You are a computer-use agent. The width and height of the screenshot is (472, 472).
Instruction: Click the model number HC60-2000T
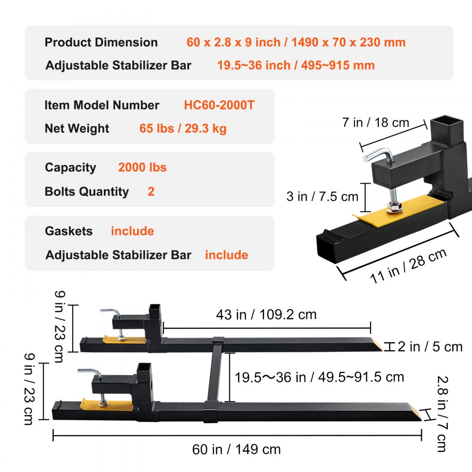[x=219, y=105]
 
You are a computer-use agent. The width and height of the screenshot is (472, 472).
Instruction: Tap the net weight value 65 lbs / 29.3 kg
[x=183, y=128]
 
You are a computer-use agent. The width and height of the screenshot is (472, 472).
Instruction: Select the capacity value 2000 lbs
[x=142, y=168]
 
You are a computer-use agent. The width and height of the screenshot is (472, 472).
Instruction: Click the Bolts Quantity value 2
[x=151, y=192]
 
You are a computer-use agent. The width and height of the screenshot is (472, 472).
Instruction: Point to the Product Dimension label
[x=101, y=42]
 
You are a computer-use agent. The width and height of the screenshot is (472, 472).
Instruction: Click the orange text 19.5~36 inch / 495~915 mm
[x=295, y=65]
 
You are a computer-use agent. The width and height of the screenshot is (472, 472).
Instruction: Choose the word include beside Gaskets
[x=132, y=231]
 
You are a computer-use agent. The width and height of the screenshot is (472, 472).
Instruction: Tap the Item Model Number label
[x=102, y=105]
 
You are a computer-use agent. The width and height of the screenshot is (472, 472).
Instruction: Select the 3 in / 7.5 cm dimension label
[x=322, y=196]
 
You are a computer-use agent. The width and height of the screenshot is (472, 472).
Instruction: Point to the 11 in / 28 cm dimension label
[x=408, y=266]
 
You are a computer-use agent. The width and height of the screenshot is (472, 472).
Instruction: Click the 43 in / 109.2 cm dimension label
[x=266, y=314]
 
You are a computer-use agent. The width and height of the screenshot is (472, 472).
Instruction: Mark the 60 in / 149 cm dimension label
[x=236, y=449]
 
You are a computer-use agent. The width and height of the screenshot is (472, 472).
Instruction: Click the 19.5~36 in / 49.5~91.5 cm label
[x=320, y=377]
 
